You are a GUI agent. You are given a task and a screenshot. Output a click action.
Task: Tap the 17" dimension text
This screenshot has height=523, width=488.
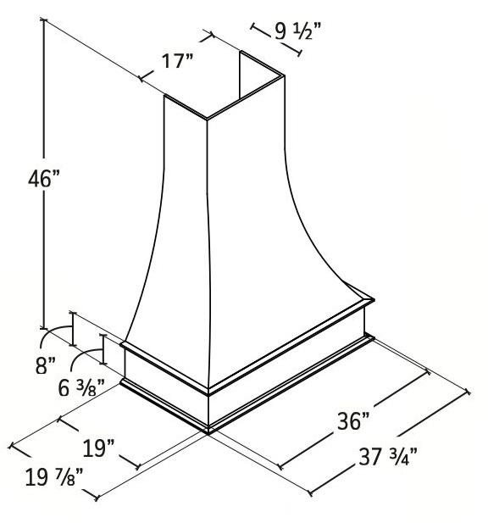tap(177, 61)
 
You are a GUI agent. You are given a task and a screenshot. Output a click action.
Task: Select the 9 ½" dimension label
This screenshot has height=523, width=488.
tap(297, 31)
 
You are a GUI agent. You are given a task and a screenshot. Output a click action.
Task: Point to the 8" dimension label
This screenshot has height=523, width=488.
tap(46, 365)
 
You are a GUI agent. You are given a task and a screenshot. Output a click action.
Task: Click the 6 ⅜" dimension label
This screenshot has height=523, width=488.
tap(81, 388)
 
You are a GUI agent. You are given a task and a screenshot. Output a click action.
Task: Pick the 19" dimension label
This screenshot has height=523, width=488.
tap(98, 448)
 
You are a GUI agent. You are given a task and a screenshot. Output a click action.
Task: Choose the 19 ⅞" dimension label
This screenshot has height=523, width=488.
tap(54, 477)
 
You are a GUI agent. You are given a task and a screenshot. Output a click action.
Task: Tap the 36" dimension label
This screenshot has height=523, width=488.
tap(353, 421)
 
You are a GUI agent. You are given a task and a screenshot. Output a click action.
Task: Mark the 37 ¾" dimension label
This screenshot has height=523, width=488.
tap(388, 456)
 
